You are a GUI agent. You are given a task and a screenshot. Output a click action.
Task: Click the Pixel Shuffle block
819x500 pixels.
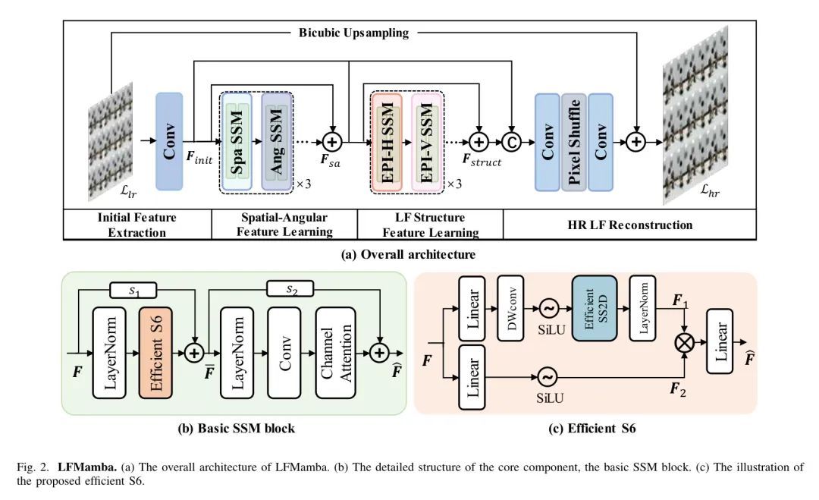pyautogui.click(x=574, y=142)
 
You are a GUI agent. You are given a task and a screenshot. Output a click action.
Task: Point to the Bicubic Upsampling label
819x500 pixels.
pyautogui.click(x=353, y=33)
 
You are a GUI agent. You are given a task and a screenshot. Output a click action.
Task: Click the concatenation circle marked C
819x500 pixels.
pyautogui.click(x=513, y=142)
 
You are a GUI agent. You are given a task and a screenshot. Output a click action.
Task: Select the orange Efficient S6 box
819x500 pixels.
pyautogui.click(x=155, y=353)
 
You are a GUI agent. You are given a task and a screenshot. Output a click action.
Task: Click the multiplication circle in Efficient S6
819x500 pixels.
pyautogui.click(x=686, y=342)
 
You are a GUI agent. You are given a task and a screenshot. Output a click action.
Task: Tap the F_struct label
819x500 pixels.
pyautogui.click(x=482, y=162)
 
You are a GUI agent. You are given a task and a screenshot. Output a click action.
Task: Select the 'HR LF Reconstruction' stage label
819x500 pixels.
pyautogui.click(x=629, y=225)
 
